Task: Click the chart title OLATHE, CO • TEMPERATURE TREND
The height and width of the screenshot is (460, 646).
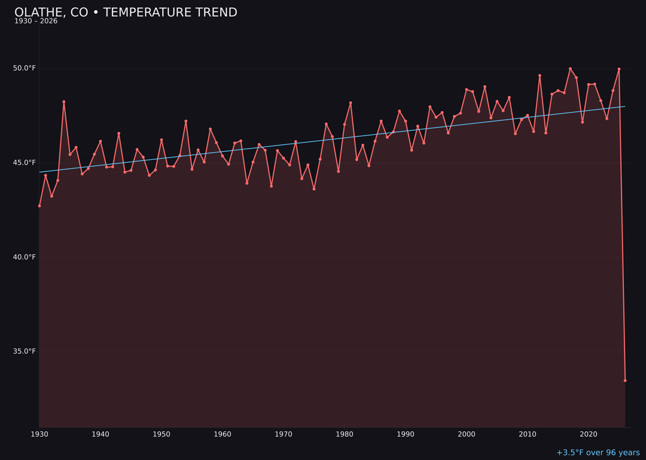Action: (126, 13)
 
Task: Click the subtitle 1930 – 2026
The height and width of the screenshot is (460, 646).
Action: (36, 22)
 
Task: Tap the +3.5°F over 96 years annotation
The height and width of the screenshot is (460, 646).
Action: (598, 453)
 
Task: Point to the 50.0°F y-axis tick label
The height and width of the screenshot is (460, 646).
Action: (25, 68)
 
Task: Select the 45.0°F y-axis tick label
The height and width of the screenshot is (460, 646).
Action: (25, 162)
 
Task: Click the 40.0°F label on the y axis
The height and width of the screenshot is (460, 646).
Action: (25, 257)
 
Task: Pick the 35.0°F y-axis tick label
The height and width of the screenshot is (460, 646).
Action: (25, 352)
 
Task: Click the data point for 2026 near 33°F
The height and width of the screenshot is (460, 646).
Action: (625, 380)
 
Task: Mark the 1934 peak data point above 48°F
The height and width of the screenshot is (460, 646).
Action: (64, 102)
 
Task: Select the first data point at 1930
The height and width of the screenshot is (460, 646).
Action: (39, 206)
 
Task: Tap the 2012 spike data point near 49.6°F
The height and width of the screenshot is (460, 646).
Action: (540, 75)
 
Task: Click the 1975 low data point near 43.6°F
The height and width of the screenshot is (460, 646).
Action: (314, 189)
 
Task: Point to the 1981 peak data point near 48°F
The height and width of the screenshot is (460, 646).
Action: (351, 103)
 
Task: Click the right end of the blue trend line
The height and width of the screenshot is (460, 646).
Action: (625, 107)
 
